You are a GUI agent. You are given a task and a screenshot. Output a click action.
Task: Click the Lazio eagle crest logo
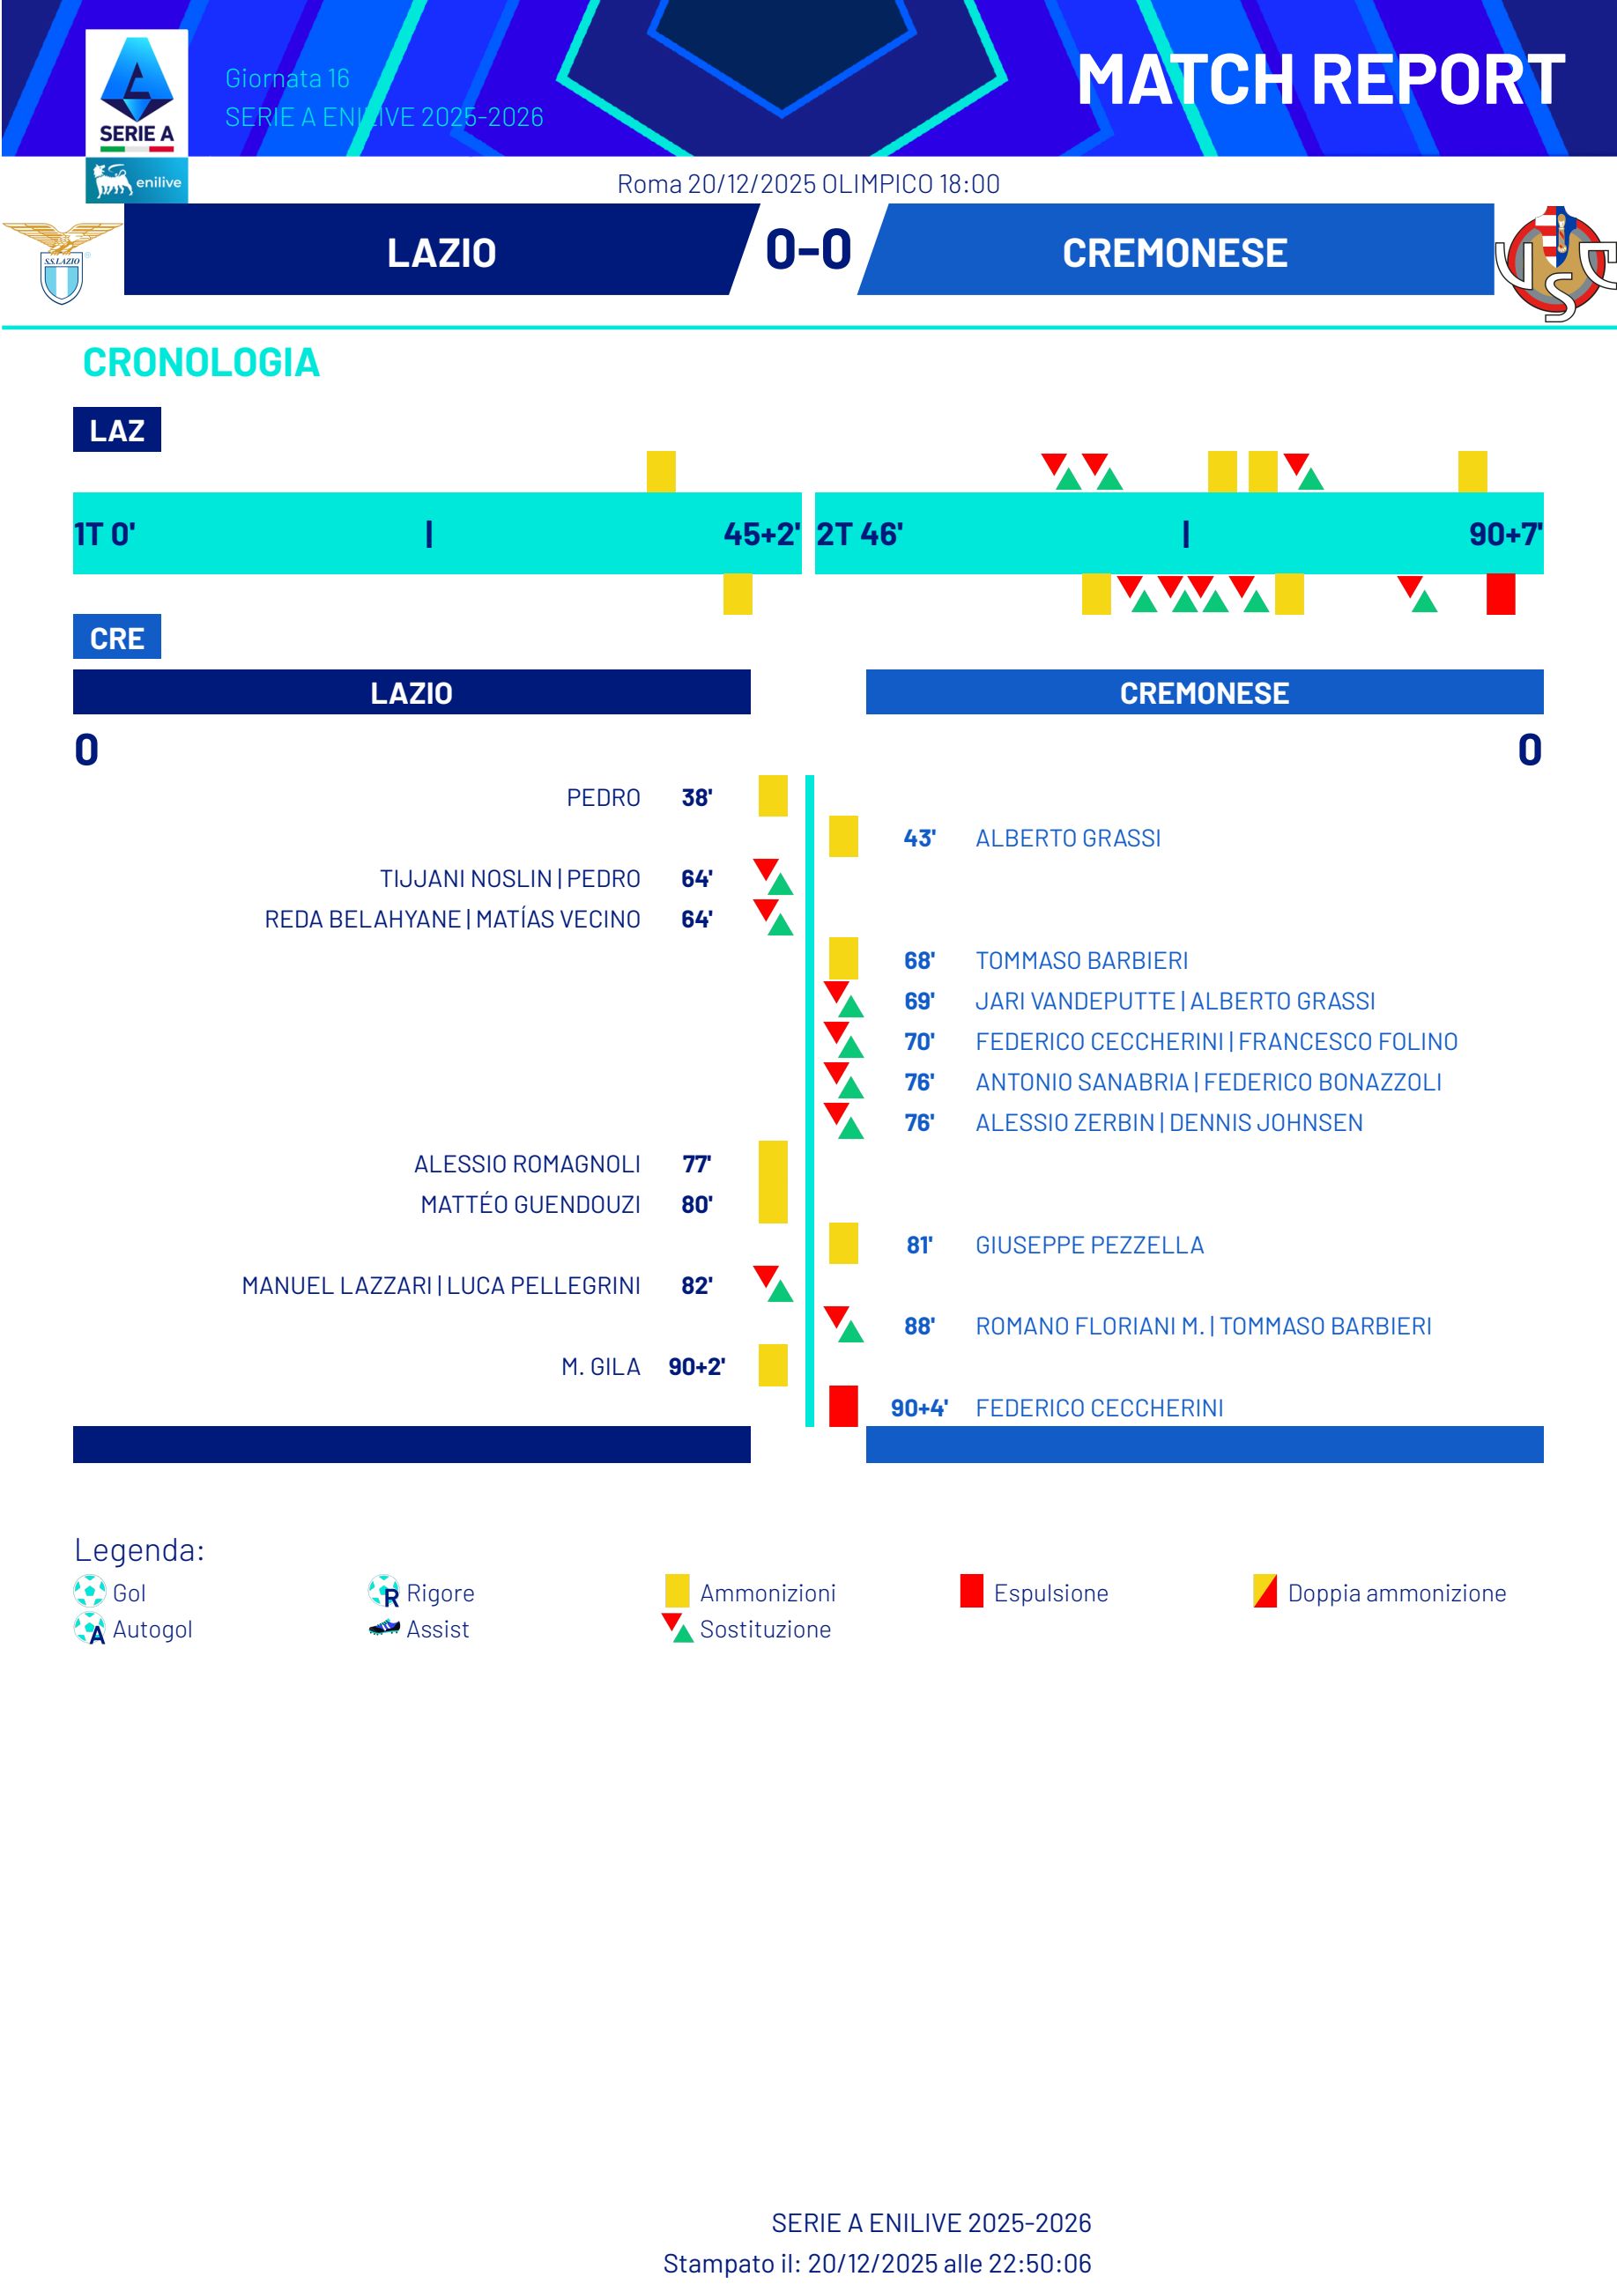(62, 262)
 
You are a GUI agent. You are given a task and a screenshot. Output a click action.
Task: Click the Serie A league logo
(137, 94)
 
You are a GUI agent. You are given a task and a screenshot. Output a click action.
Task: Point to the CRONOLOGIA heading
(200, 362)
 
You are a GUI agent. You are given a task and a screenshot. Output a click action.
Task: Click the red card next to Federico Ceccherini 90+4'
(842, 1406)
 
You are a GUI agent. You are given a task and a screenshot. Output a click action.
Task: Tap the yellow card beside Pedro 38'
(773, 796)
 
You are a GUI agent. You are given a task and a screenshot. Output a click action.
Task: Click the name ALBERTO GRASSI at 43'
(1067, 838)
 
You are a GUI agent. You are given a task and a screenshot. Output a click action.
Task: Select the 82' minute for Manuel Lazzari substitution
(696, 1285)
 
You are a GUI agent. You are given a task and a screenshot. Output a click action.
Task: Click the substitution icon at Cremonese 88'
(842, 1325)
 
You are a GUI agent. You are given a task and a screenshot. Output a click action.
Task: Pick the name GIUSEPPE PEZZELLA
(1088, 1245)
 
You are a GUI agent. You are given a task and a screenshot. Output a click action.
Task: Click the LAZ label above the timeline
(116, 430)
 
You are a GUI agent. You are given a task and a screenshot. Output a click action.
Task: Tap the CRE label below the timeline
(116, 638)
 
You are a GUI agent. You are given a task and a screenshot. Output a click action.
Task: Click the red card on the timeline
(1500, 595)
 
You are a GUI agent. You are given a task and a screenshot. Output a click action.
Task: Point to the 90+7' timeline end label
(1504, 535)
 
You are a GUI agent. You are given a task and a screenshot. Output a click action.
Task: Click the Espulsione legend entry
(1050, 1593)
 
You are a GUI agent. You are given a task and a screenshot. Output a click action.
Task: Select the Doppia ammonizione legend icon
(1265, 1590)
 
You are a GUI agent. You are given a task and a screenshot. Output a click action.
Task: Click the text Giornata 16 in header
(286, 78)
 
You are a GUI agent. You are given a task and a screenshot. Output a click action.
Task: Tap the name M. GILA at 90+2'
(600, 1366)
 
